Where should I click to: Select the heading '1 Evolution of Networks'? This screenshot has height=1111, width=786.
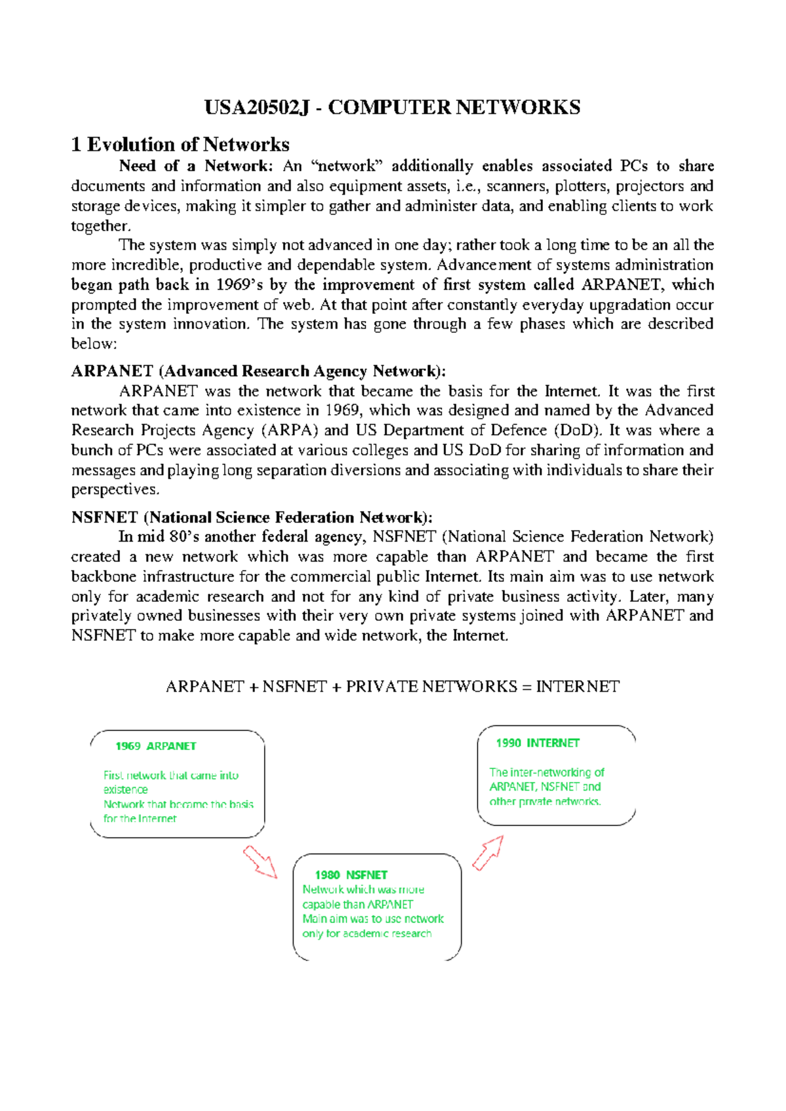pyautogui.click(x=180, y=144)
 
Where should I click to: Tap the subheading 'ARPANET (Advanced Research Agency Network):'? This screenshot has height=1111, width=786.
pyautogui.click(x=258, y=371)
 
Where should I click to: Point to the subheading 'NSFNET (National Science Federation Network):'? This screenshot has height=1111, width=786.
pyautogui.click(x=252, y=518)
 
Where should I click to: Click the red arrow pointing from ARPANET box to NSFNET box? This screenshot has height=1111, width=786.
pyautogui.click(x=260, y=861)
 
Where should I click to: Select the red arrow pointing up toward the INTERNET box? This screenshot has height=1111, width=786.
pyautogui.click(x=488, y=852)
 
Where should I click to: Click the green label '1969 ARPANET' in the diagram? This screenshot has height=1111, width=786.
pyautogui.click(x=156, y=746)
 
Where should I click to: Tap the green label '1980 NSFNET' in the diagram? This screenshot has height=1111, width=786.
pyautogui.click(x=351, y=875)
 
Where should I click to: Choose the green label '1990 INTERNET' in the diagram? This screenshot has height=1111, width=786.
pyautogui.click(x=537, y=743)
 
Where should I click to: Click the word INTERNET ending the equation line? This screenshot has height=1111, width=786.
pyautogui.click(x=577, y=687)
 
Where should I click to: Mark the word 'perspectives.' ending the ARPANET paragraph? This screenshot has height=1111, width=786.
pyautogui.click(x=115, y=490)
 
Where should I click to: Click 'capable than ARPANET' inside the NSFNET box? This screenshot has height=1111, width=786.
pyautogui.click(x=358, y=905)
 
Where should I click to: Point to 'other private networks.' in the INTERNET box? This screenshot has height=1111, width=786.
pyautogui.click(x=545, y=802)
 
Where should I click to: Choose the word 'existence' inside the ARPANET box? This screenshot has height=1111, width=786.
pyautogui.click(x=126, y=790)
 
